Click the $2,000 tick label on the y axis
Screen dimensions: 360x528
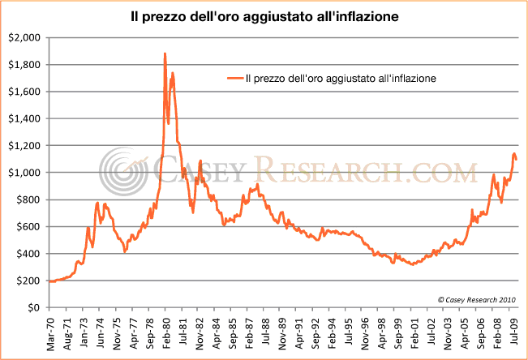point(23,37)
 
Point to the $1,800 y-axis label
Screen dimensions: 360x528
point(23,65)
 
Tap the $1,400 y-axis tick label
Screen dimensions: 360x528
point(23,118)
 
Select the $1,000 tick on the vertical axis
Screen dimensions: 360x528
point(23,173)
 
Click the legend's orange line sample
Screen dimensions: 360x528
point(234,79)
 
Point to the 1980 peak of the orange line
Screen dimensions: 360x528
point(165,54)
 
